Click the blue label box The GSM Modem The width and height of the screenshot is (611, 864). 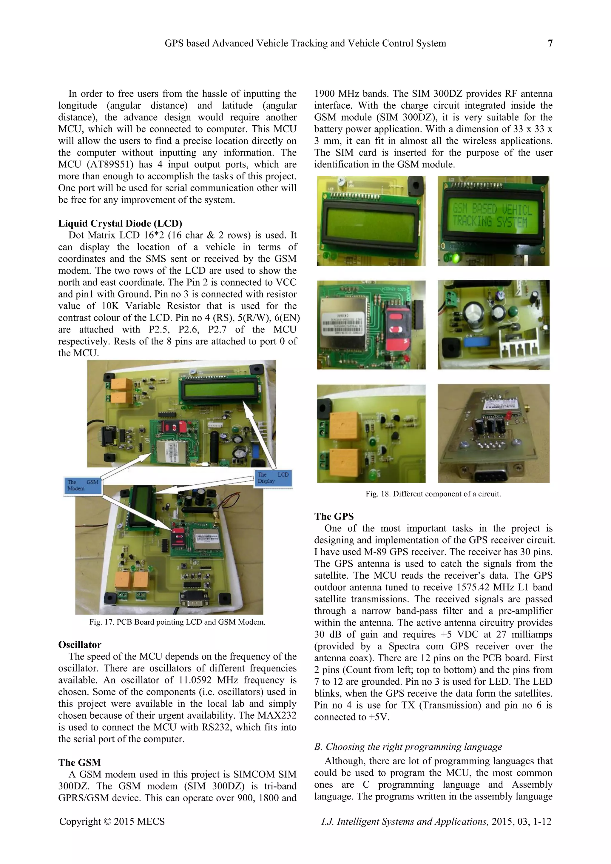[83, 486]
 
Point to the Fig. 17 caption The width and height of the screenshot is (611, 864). [177, 622]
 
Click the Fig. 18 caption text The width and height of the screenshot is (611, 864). [433, 494]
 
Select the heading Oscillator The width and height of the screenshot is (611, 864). [80, 645]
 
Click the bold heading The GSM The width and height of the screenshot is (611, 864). [80, 763]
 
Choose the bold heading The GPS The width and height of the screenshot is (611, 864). [334, 516]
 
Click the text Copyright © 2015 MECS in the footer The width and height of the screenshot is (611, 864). [112, 822]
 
